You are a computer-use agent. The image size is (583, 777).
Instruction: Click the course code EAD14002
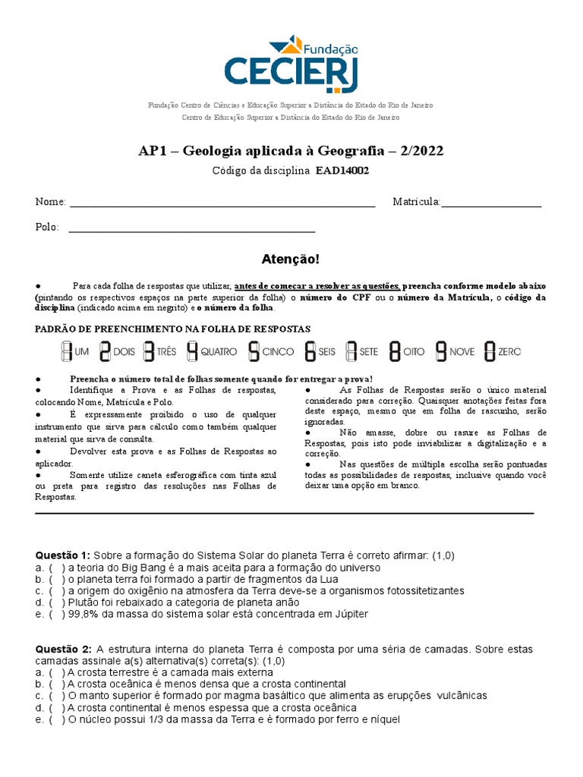(342, 171)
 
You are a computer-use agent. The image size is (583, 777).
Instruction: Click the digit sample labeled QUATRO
(193, 351)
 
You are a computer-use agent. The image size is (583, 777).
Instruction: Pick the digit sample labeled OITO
(395, 351)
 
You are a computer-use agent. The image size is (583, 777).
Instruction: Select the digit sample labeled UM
(66, 351)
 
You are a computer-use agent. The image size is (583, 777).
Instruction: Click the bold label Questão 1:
(63, 555)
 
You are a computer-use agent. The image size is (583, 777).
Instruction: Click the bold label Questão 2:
(63, 650)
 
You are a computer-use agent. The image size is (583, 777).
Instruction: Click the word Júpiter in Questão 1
(349, 615)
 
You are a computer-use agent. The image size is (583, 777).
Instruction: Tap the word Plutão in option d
(84, 602)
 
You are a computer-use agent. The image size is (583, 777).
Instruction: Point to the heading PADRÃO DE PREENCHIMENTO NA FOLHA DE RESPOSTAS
(174, 329)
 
